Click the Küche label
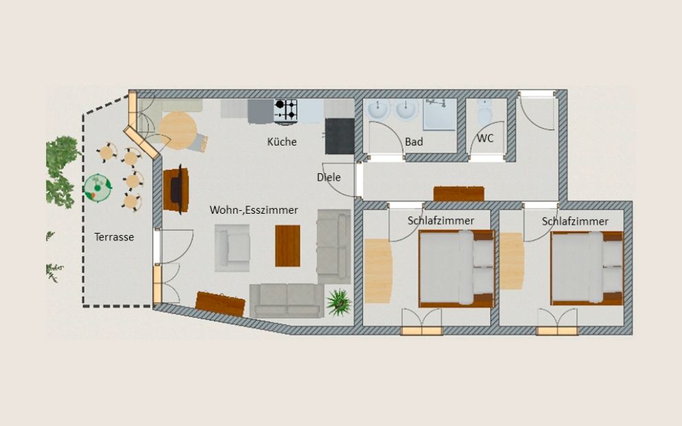coord(282,142)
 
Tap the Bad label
coord(414,142)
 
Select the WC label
coord(485,138)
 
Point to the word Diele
coord(329,177)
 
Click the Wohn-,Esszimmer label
coord(254,210)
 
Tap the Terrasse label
coord(114,237)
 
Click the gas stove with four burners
coord(286,111)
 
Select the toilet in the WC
coord(484,111)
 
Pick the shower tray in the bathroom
coord(440,114)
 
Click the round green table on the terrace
coord(98,188)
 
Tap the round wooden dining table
coord(178,131)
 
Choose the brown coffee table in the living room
coord(287,245)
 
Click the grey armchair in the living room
coord(232,248)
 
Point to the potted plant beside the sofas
coord(339,302)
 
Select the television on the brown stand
coord(177,190)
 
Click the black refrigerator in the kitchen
coord(340,136)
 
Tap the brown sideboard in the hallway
coord(459,194)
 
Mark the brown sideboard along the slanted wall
coord(220,304)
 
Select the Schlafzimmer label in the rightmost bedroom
coord(575,221)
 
